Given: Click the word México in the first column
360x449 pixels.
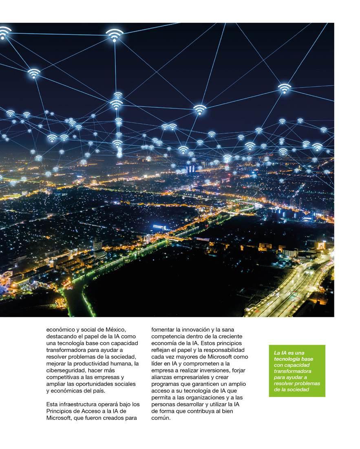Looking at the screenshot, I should coord(117,329).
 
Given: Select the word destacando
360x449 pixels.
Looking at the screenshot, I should coord(61,336).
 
